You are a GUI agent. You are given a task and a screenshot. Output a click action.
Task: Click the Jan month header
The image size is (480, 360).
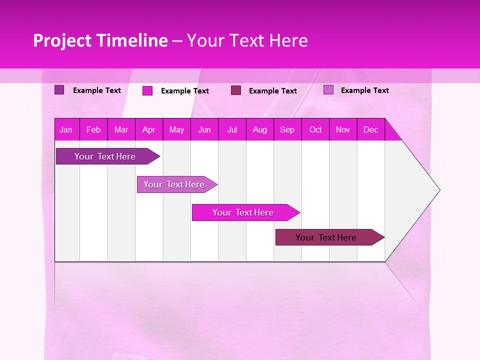coord(66,129)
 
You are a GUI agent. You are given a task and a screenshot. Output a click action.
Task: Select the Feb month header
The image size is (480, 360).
coord(93,129)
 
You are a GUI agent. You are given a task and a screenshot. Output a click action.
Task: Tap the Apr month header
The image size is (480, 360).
coord(148,129)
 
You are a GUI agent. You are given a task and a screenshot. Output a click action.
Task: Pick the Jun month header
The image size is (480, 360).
coord(204,129)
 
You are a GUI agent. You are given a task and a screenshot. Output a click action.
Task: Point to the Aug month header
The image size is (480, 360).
coord(260,129)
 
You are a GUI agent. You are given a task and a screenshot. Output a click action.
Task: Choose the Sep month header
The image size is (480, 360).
coord(287,129)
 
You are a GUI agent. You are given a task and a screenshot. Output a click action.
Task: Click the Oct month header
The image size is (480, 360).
coord(315,129)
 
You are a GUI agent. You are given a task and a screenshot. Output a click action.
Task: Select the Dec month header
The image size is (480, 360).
coord(370,129)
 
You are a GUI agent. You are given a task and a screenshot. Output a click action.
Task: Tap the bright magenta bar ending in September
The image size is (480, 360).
coord(243,212)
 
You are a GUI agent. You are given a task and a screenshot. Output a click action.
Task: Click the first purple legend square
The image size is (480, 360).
coord(59,90)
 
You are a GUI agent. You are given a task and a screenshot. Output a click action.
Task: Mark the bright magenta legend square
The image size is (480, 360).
coord(147,90)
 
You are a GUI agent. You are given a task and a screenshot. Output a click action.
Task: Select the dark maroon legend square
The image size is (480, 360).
coord(236,90)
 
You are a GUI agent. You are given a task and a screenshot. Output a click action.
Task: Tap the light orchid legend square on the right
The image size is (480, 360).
coord(328,90)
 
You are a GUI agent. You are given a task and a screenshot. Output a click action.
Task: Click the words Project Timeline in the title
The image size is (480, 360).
coord(100,40)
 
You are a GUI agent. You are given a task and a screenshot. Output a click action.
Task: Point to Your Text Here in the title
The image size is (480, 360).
coord(247,40)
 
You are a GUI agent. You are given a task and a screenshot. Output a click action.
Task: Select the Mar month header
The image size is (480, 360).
coord(121,129)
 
